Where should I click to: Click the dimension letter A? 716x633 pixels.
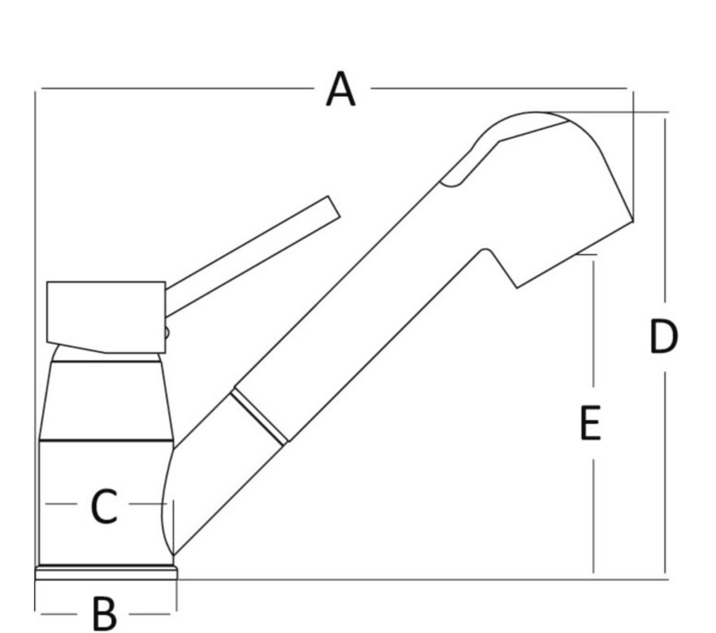coord(340,89)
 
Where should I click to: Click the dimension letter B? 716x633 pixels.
coord(104,614)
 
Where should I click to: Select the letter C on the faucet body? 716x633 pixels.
coord(104,506)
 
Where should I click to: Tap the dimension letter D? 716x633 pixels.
coord(664,336)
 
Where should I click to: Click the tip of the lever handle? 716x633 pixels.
coord(334,206)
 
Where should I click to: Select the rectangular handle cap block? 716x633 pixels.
coord(106,317)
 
